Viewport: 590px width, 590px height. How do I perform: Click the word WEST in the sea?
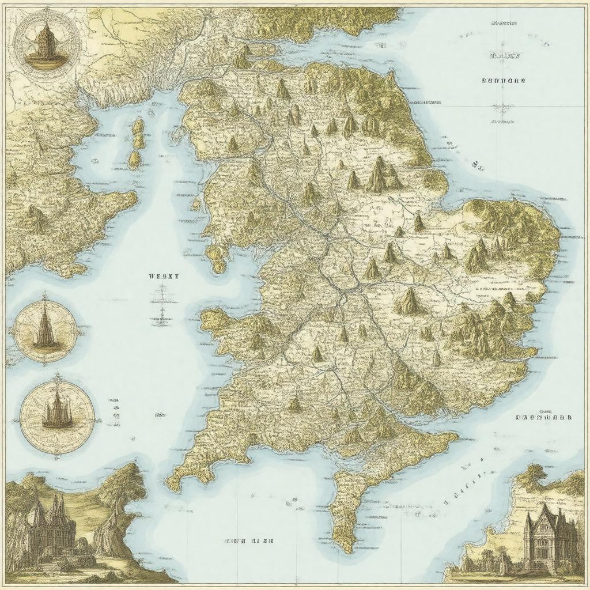(164, 276)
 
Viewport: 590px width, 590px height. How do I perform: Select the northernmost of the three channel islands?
(138, 126)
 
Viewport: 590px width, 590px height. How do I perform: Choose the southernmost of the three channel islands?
(134, 161)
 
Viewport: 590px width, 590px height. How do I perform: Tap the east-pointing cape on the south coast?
(455, 438)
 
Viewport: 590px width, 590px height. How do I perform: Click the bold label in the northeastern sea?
(503, 81)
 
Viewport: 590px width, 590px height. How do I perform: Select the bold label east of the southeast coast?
(544, 417)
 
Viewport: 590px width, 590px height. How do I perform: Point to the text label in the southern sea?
(249, 542)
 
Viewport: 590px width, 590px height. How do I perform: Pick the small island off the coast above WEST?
(218, 258)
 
